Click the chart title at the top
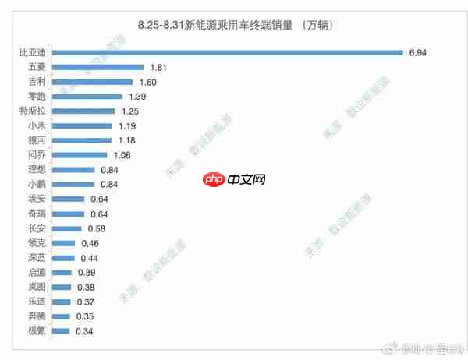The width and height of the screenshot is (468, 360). click(x=235, y=26)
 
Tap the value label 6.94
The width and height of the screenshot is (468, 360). click(x=418, y=53)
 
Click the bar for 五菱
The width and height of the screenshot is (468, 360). click(x=101, y=68)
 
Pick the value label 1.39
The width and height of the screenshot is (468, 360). click(x=135, y=97)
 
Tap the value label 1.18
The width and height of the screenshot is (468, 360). click(x=126, y=141)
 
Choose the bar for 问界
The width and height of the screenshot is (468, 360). click(x=83, y=155)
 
